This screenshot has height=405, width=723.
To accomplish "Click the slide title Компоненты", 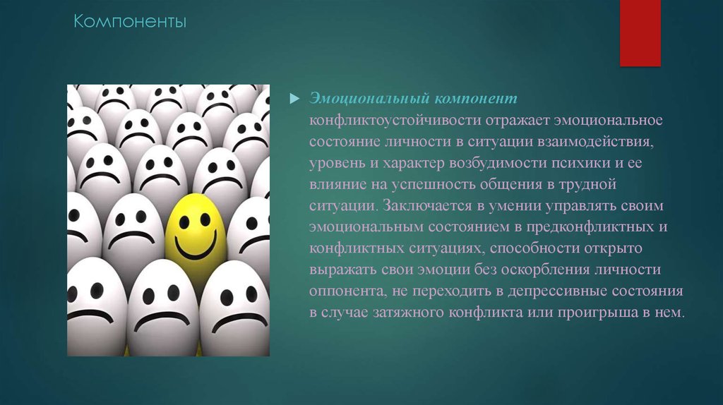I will [132, 23].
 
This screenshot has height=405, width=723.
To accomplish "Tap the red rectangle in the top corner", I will [640, 32].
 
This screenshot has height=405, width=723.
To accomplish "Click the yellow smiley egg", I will [195, 233].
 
